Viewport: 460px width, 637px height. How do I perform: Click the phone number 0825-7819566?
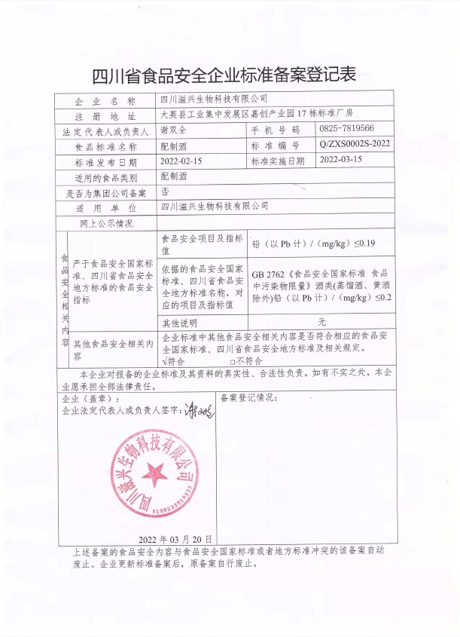tap(352, 130)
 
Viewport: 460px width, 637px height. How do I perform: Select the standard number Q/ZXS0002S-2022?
tap(355, 145)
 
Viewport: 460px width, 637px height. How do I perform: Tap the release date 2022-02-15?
tap(182, 161)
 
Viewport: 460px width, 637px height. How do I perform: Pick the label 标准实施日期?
tap(277, 161)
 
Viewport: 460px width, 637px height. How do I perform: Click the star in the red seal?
tap(157, 475)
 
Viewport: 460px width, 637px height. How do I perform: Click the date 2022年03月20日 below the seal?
tap(175, 540)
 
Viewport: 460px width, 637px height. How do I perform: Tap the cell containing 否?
tap(165, 191)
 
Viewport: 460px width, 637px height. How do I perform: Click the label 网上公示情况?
tap(106, 222)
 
